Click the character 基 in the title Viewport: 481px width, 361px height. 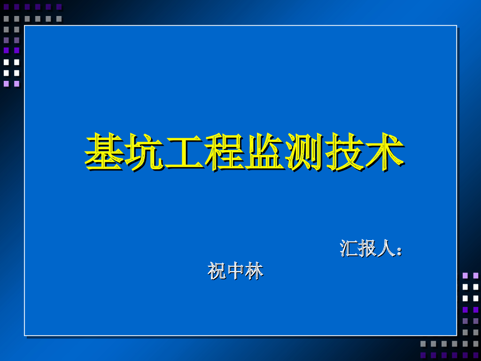[104, 151]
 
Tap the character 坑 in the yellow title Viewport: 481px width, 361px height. [145, 151]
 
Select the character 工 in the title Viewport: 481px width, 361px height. [185, 151]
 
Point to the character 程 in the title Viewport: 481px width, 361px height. [225, 151]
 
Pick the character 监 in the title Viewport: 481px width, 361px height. [264, 151]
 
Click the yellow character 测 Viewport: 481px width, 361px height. [305, 151]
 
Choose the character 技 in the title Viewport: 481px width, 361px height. [345, 151]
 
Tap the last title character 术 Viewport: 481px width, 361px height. [385, 151]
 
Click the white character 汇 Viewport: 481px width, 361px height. [349, 248]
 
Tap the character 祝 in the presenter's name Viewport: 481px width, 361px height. [217, 271]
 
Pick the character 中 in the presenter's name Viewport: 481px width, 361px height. [235, 271]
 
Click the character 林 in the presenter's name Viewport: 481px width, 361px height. [254, 271]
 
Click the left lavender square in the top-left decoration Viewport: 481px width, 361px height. [6, 84]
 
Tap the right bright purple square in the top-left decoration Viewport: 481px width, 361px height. [16, 50]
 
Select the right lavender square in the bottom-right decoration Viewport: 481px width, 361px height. [475, 275]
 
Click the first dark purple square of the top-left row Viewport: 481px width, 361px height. [6, 7]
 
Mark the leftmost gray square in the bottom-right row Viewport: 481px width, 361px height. [423, 344]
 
